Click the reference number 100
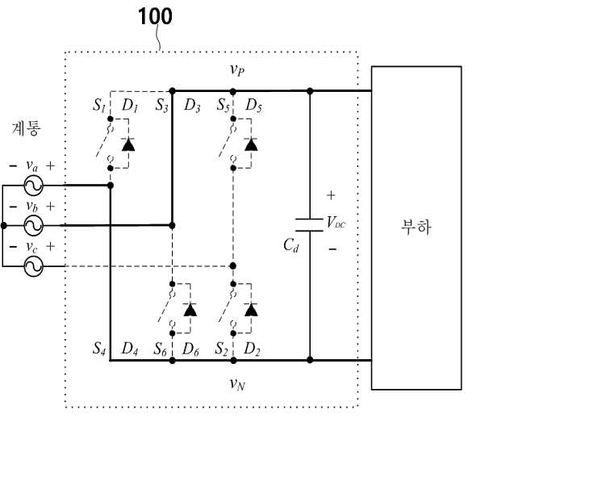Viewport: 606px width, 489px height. click(x=155, y=17)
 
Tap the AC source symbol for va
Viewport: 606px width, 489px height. click(x=33, y=186)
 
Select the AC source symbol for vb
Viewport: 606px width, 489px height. click(x=33, y=226)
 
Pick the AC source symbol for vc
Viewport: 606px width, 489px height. click(x=33, y=266)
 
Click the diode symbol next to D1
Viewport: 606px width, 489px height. click(x=128, y=144)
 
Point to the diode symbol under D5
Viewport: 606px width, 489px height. click(x=251, y=144)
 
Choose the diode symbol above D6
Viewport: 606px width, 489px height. click(x=190, y=310)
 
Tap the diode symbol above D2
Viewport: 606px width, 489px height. click(x=251, y=310)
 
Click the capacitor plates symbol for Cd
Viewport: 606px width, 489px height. click(x=309, y=225)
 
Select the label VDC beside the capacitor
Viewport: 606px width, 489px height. click(x=336, y=223)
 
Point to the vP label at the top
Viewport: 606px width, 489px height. click(x=237, y=70)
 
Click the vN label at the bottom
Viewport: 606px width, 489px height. click(x=237, y=384)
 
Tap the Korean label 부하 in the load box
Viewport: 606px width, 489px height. click(x=416, y=227)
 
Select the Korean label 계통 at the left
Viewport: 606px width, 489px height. click(x=26, y=128)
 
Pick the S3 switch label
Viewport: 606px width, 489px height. click(x=162, y=105)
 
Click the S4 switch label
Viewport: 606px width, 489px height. click(x=99, y=349)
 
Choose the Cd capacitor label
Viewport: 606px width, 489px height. click(x=291, y=245)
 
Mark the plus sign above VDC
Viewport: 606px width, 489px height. click(x=331, y=195)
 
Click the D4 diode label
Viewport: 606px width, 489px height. click(x=130, y=349)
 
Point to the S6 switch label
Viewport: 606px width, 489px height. click(x=160, y=349)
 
